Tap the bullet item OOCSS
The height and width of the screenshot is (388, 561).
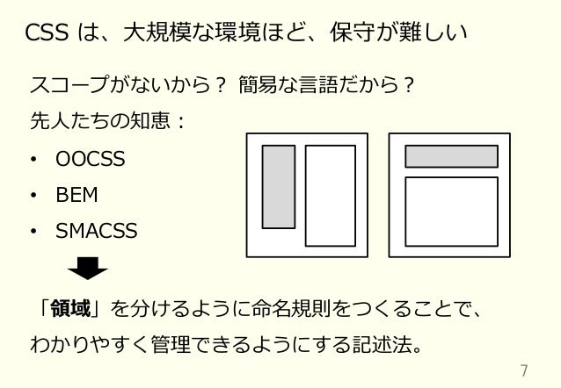pyautogui.click(x=90, y=160)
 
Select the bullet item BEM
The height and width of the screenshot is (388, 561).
pyautogui.click(x=76, y=195)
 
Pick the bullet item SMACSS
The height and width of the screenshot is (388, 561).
pyautogui.click(x=97, y=231)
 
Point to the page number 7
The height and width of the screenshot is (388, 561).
pyautogui.click(x=525, y=369)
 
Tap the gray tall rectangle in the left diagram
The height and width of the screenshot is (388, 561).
pyautogui.click(x=279, y=186)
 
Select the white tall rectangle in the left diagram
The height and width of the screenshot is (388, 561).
pyautogui.click(x=330, y=195)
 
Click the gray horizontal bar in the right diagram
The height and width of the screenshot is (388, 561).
pyautogui.click(x=451, y=156)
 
